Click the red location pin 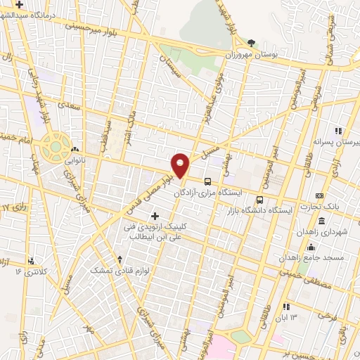(181, 165)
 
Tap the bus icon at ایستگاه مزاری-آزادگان (207, 180)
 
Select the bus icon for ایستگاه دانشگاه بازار (260, 181)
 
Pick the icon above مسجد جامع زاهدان (311, 247)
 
